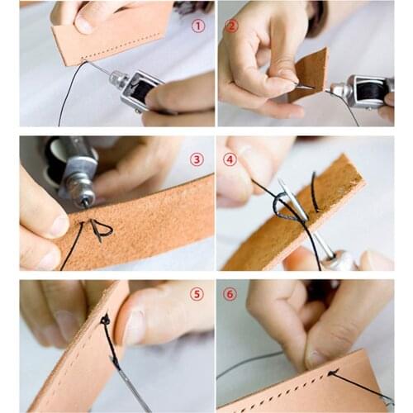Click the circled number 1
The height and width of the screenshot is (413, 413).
(x=197, y=26)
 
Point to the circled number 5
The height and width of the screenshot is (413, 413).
(x=197, y=294)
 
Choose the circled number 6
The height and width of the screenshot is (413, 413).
(x=230, y=294)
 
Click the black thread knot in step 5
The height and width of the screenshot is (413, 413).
(x=105, y=319)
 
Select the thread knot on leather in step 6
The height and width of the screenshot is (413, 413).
(x=332, y=373)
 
